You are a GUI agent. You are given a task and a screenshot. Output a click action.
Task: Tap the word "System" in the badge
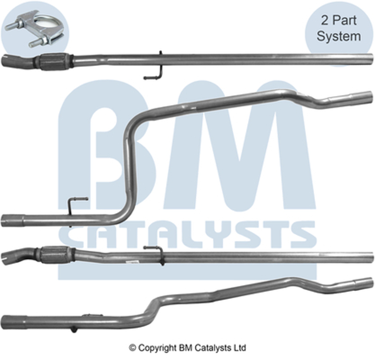(338, 36)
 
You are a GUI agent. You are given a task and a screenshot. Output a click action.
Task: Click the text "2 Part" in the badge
(338, 20)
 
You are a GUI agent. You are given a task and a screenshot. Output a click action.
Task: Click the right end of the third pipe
(368, 258)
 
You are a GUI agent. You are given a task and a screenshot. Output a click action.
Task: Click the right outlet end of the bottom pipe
(366, 283)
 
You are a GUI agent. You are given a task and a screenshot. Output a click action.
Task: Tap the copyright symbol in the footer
(133, 348)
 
